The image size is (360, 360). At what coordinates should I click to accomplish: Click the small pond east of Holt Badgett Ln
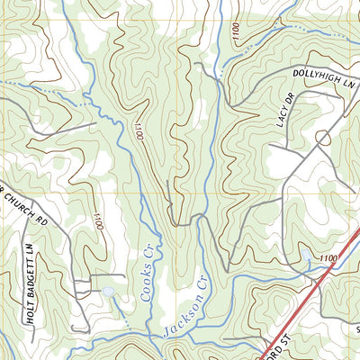[x=109, y=292]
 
